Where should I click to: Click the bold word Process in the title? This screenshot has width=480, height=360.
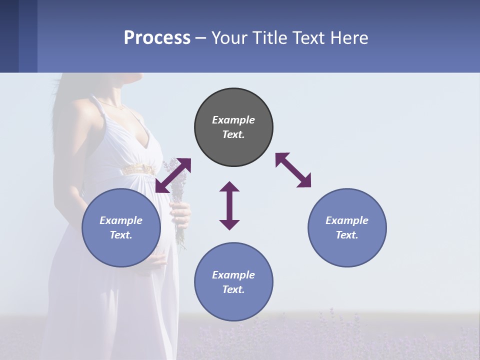coord(157,38)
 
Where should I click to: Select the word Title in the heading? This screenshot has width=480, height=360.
coord(270,38)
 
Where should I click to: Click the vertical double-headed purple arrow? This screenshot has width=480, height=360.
coord(229,205)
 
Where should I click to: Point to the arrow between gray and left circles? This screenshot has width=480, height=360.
coord(173,175)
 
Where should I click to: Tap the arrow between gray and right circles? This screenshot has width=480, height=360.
coord(293,170)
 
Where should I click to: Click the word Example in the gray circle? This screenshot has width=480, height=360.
coord(233,120)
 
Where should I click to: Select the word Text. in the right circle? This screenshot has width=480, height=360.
coord(347,235)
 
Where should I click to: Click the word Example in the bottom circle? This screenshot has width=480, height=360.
coord(233,274)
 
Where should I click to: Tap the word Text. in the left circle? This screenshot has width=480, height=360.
coord(121,235)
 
